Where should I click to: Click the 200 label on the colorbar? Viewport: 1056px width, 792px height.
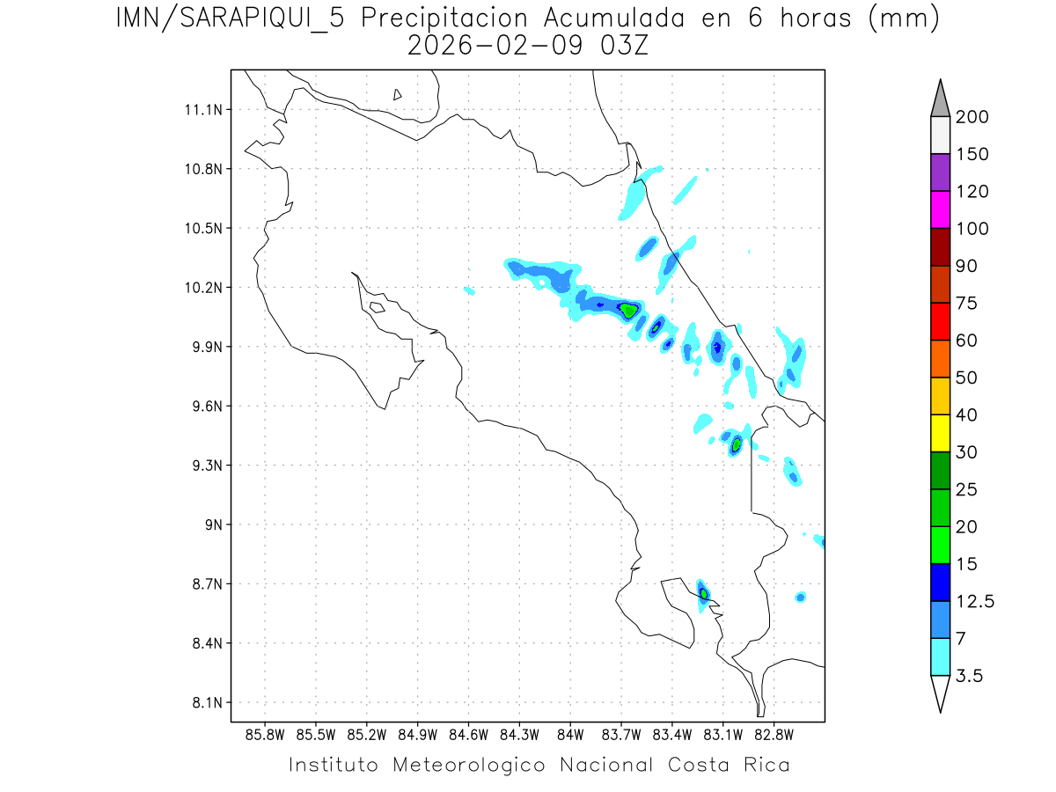[x=972, y=117]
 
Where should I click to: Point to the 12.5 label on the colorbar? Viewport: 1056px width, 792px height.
[x=975, y=601]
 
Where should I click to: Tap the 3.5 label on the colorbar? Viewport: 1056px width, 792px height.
[x=969, y=676]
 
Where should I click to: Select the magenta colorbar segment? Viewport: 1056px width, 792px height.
[x=940, y=209]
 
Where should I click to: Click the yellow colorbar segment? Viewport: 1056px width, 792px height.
[x=940, y=433]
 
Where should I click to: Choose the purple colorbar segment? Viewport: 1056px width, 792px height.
[x=940, y=172]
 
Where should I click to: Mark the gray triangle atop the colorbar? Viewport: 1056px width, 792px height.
[x=940, y=99]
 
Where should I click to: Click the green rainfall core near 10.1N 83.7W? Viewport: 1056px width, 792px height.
[x=628, y=310]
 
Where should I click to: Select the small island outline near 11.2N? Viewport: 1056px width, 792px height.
[x=398, y=94]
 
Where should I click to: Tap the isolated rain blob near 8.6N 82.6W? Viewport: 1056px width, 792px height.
[x=801, y=598]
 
